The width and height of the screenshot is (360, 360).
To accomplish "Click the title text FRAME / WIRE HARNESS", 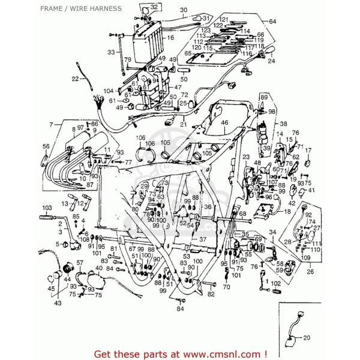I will coord(82,8).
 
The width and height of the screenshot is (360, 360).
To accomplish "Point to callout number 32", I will coord(137,7).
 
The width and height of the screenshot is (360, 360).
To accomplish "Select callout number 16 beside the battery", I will coord(170,38).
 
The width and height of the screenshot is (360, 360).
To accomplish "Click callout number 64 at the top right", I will coord(273,22).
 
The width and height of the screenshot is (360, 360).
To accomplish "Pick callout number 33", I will coord(111,52).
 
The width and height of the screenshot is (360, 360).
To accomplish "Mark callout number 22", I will coord(75,79).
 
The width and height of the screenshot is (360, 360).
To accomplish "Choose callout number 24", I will coord(271,61).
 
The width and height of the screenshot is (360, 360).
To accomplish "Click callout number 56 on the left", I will coord(46,146).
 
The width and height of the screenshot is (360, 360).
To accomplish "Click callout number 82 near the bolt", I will coord(211,294).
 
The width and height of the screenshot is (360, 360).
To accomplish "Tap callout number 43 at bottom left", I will coord(58,303).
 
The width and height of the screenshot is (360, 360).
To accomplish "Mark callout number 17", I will coord(308,150).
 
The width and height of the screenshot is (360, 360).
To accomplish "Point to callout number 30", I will coord(166,10).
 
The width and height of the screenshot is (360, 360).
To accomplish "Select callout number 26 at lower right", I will coord(310,271).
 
